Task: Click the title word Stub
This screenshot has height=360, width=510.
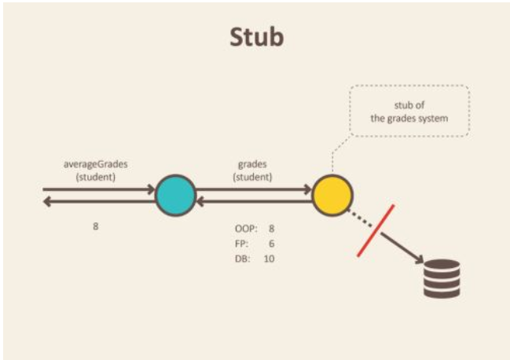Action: [x=255, y=37]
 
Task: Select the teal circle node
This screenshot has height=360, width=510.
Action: [x=174, y=196]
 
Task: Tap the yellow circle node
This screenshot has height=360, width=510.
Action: [x=332, y=196]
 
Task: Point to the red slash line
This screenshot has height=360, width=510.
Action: [x=375, y=230]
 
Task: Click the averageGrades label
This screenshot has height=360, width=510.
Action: [x=96, y=164]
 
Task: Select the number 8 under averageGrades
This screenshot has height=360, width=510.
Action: [x=96, y=226]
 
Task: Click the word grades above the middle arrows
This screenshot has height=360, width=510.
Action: [x=253, y=165]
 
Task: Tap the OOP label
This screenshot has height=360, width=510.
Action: [x=244, y=228]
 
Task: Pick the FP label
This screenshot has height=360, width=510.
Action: [x=240, y=244]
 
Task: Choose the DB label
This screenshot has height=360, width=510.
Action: [x=241, y=259]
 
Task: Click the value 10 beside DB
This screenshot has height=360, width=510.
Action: [x=269, y=259]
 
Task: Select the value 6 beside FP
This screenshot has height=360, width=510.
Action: [x=271, y=244]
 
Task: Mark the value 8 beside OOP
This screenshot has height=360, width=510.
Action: [x=271, y=228]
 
